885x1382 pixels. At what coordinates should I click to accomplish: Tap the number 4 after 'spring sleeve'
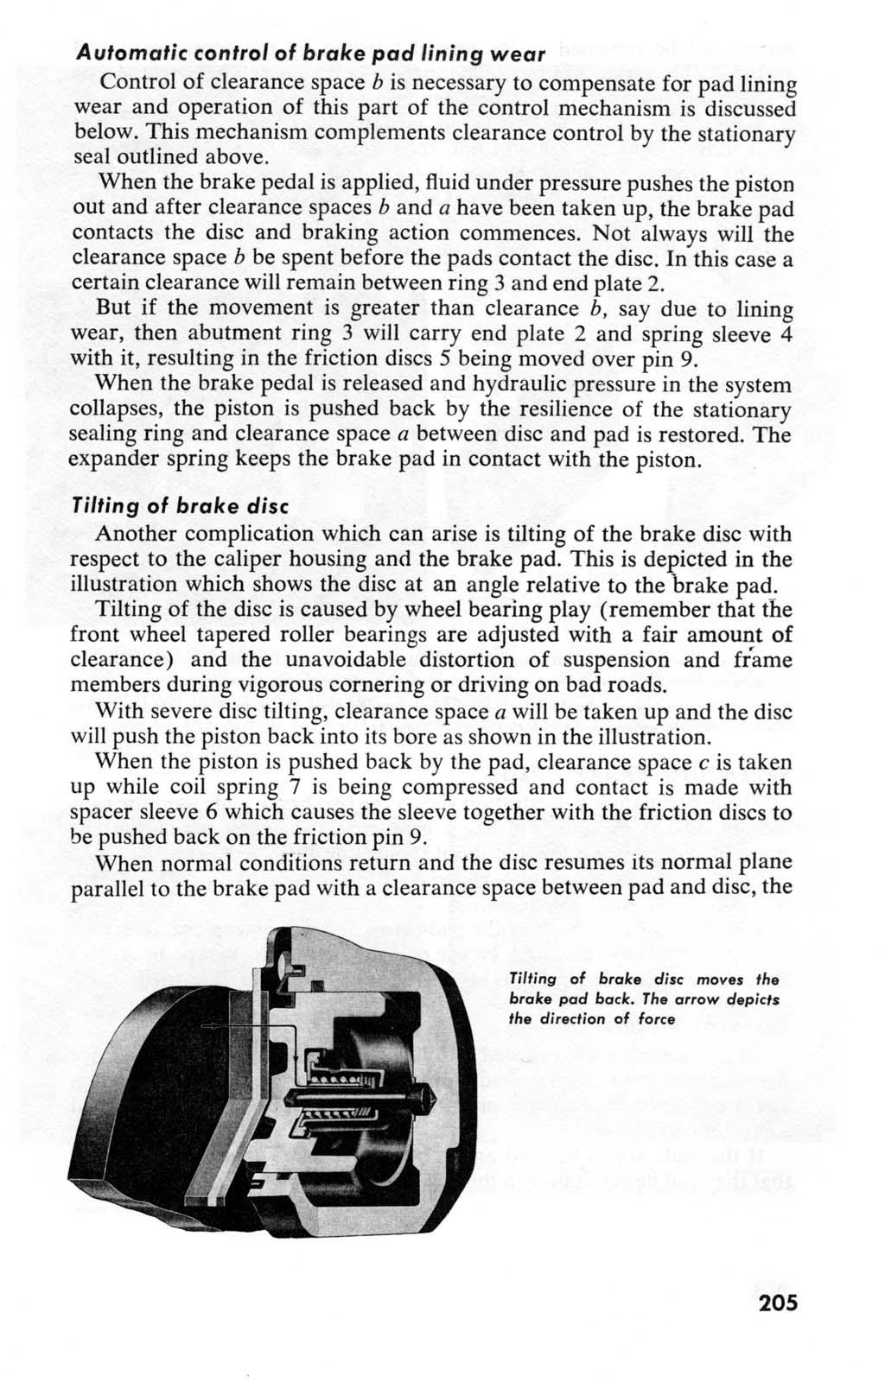click(786, 333)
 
